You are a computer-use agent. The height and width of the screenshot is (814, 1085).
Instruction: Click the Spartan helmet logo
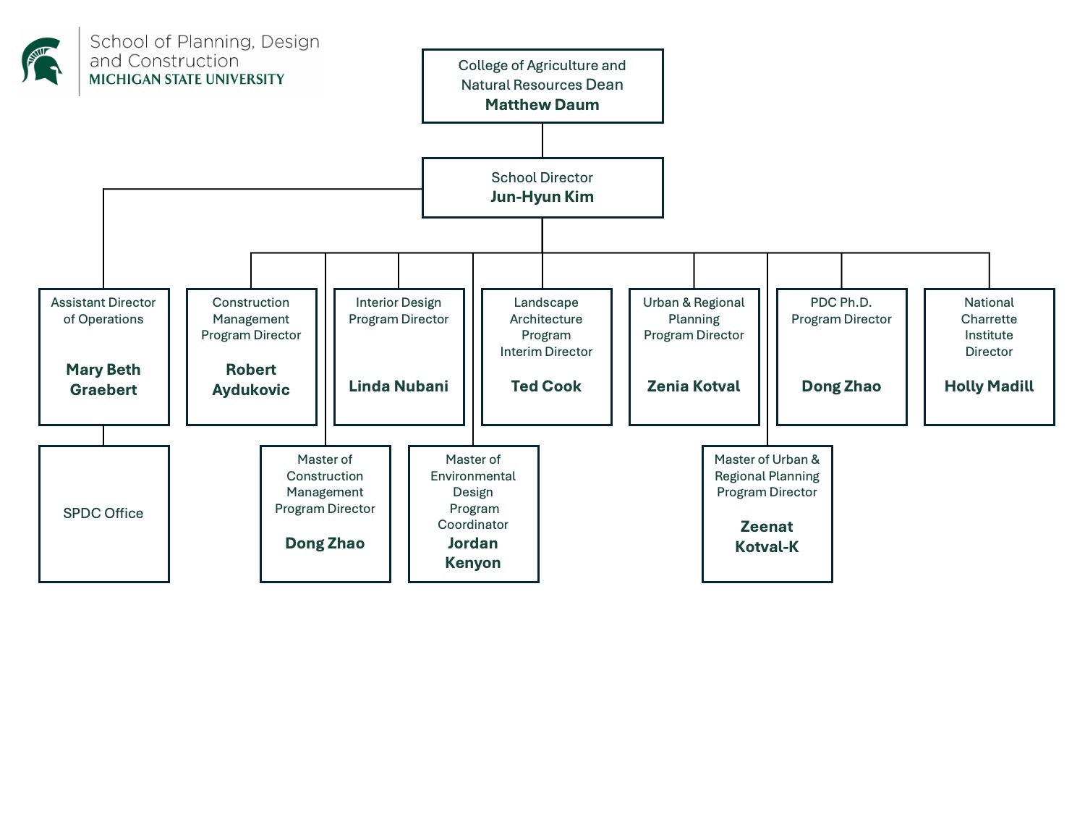click(x=42, y=61)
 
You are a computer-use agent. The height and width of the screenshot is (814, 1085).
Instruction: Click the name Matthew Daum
click(x=542, y=105)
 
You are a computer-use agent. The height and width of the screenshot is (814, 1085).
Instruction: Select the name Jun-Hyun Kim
click(x=542, y=197)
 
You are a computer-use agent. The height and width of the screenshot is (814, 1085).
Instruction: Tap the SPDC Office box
click(x=103, y=513)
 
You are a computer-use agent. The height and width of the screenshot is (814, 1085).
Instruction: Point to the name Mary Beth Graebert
click(x=103, y=380)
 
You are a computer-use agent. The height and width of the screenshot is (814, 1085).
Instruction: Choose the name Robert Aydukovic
click(x=251, y=380)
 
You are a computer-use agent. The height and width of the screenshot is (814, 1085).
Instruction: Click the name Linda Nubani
click(x=399, y=386)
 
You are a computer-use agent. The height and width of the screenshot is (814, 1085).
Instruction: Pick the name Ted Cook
click(x=546, y=386)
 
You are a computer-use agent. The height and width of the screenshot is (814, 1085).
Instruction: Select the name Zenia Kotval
click(x=694, y=386)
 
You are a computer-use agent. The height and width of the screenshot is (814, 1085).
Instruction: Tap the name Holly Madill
click(x=989, y=386)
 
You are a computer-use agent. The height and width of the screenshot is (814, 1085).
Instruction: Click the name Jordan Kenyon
click(x=473, y=553)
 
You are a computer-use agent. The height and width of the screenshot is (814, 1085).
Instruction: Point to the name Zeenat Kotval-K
click(x=767, y=537)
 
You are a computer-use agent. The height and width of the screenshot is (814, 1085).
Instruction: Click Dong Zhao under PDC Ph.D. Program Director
click(x=841, y=386)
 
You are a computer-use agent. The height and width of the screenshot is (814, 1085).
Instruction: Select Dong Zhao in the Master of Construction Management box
click(x=325, y=543)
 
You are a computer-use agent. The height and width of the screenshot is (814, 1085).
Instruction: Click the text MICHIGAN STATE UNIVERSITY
click(x=187, y=80)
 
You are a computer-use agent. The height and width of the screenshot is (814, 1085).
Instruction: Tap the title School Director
click(x=542, y=177)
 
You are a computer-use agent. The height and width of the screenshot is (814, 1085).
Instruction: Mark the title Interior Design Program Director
click(x=399, y=311)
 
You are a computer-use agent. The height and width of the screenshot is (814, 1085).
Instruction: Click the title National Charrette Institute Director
click(x=989, y=327)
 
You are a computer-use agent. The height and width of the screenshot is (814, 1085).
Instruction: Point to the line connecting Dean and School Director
click(x=542, y=140)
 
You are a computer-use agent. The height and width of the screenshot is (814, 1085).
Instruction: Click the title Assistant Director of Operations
click(x=103, y=311)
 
